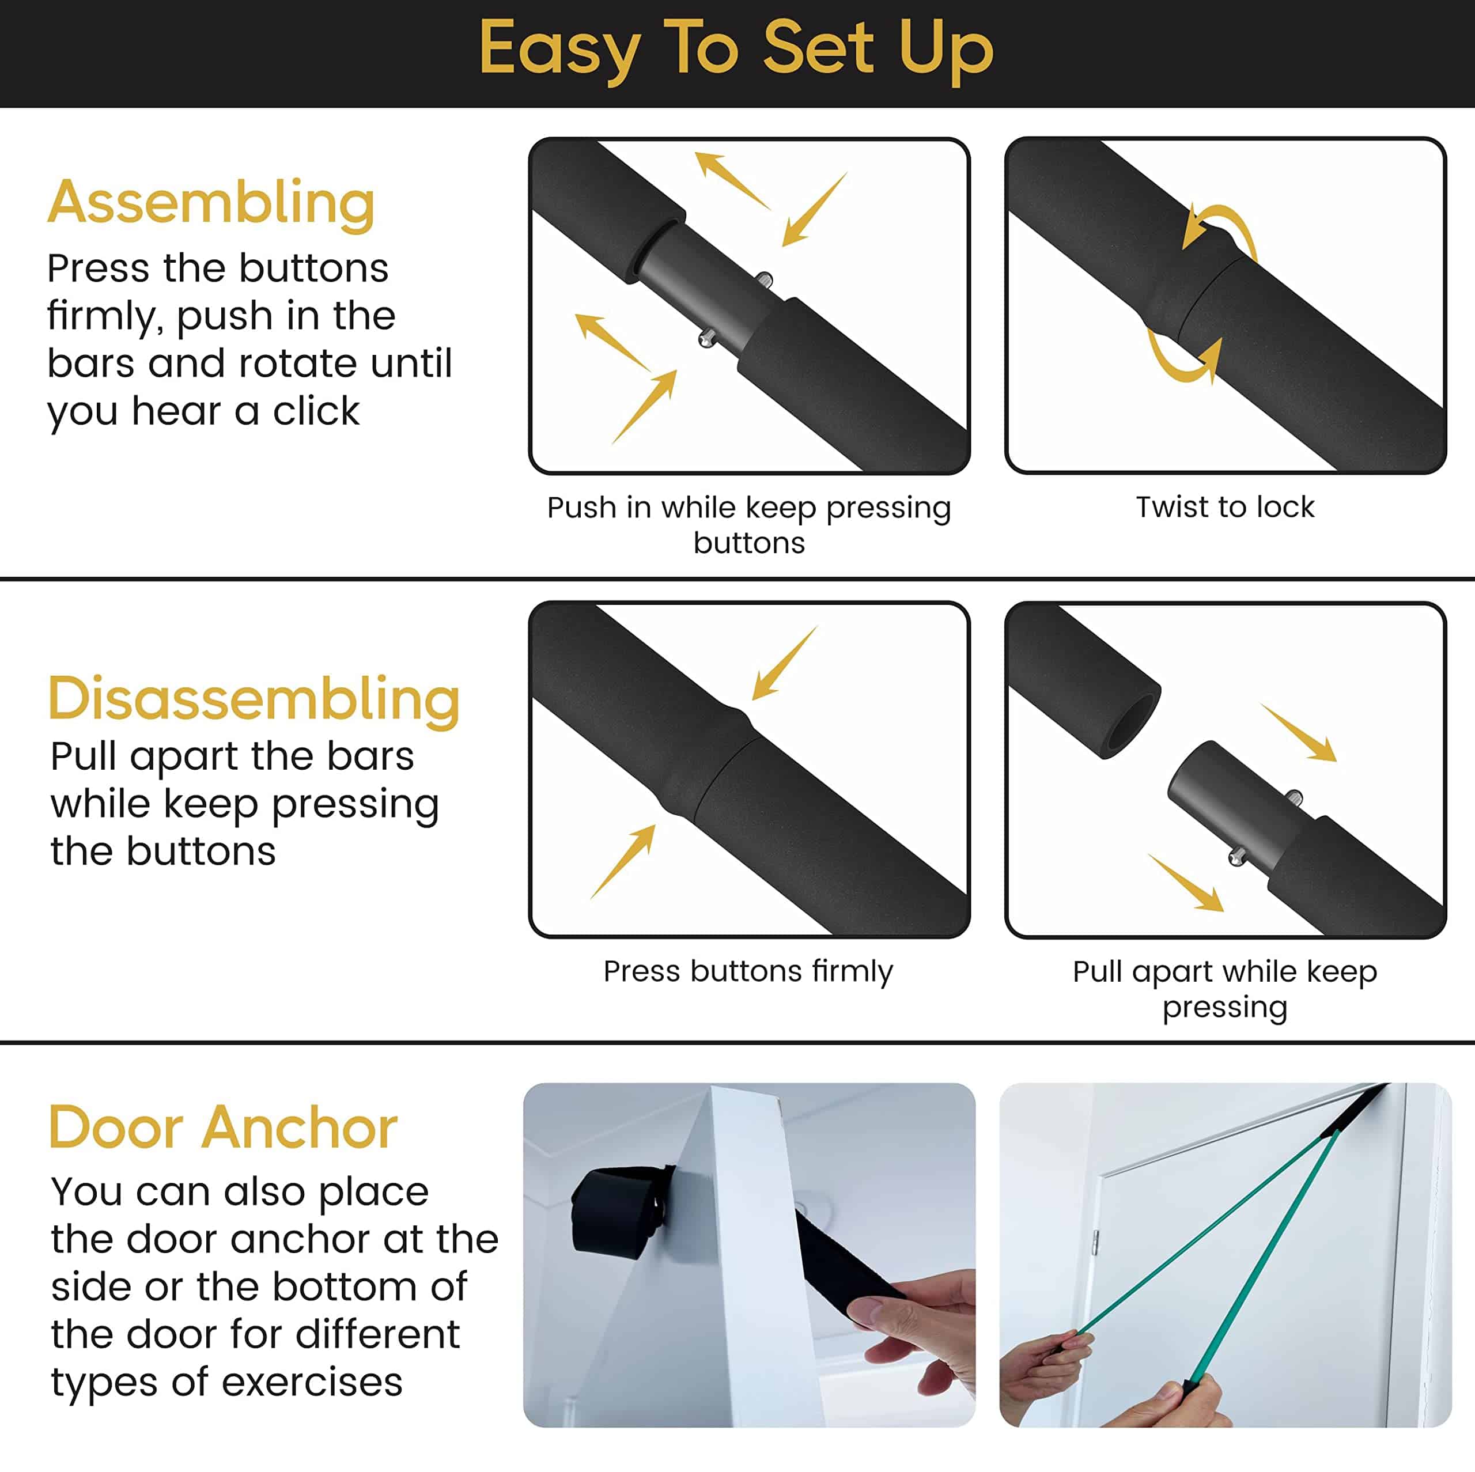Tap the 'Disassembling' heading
254,700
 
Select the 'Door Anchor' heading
223,1127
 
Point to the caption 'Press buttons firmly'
748,972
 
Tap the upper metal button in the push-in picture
763,280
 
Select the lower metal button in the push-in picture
707,338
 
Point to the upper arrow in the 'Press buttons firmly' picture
785,663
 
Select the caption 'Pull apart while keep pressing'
1224,989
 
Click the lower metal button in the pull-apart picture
1238,857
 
